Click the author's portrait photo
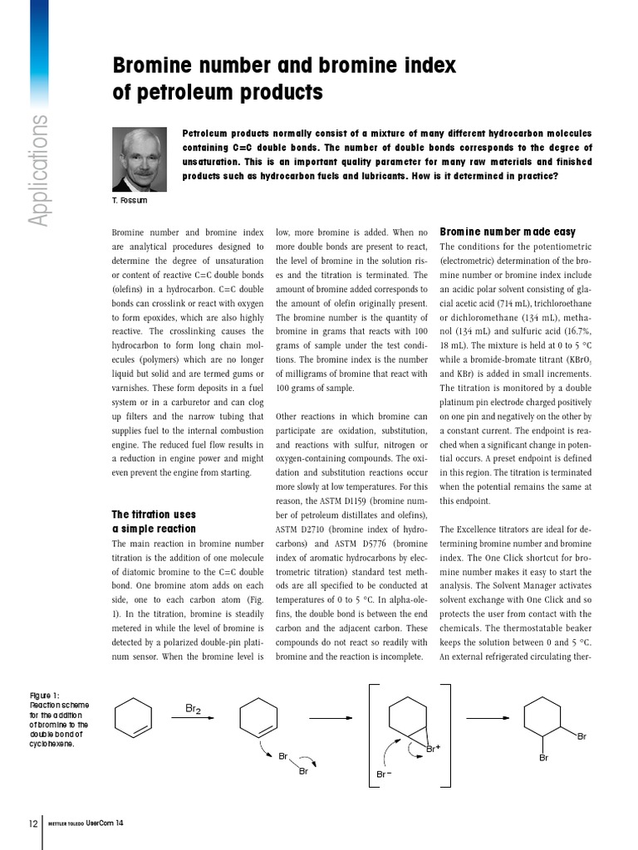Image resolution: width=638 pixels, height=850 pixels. click(140, 159)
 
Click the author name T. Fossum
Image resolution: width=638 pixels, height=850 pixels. click(130, 201)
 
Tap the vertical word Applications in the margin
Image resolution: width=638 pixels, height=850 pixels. click(38, 171)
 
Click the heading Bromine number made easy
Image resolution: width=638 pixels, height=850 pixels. click(507, 232)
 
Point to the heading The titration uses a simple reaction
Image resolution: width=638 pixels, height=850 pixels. click(155, 521)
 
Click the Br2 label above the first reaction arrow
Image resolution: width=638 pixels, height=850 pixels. click(193, 708)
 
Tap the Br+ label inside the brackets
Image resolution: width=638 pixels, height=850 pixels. click(433, 748)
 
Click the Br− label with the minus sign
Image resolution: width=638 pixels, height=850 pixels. click(384, 774)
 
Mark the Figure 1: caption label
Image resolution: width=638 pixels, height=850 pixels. click(45, 696)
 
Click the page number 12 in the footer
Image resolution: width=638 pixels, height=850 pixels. click(32, 823)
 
